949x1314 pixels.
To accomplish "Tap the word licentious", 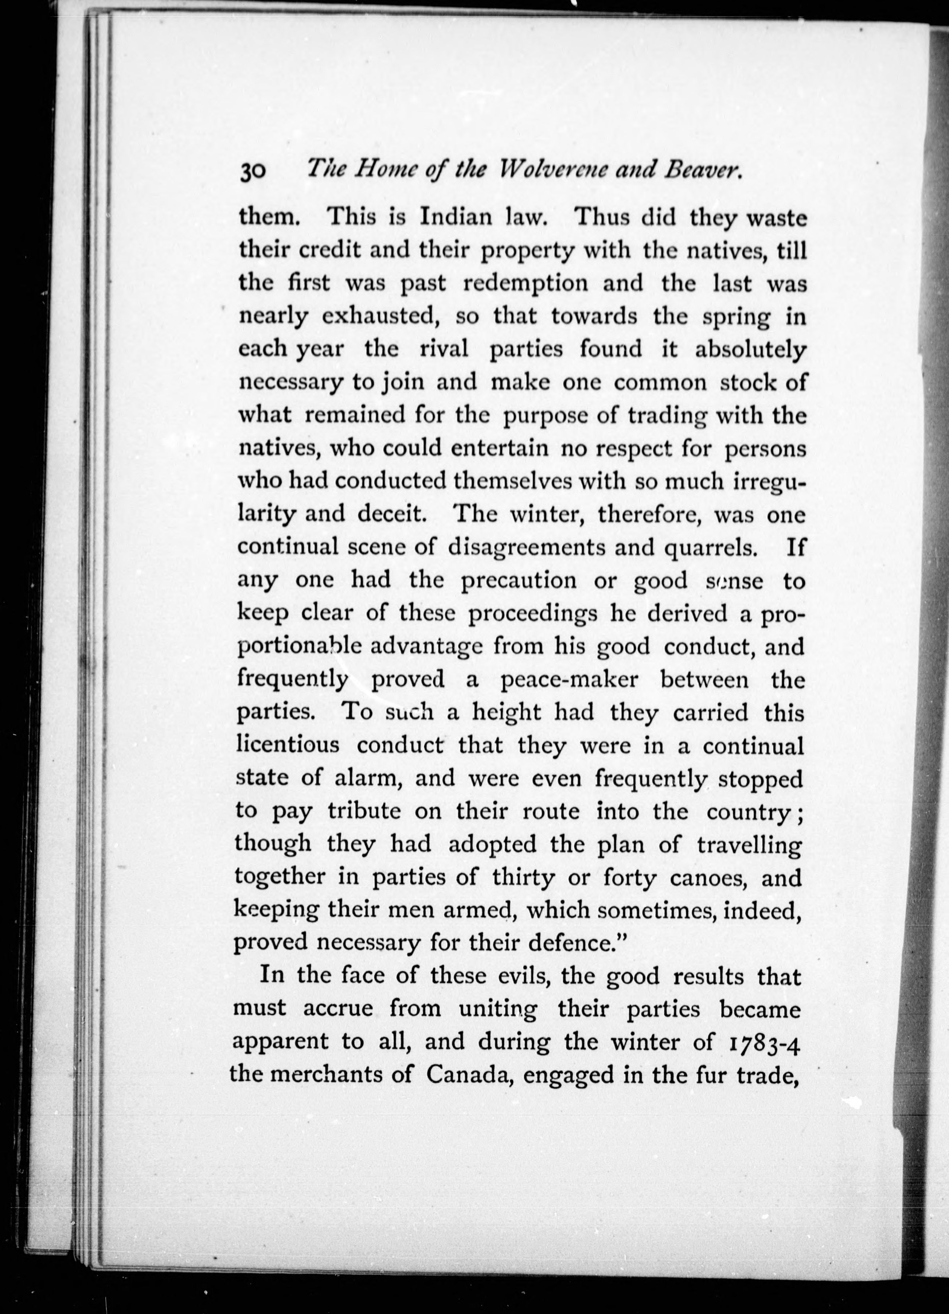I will click(x=288, y=744).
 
